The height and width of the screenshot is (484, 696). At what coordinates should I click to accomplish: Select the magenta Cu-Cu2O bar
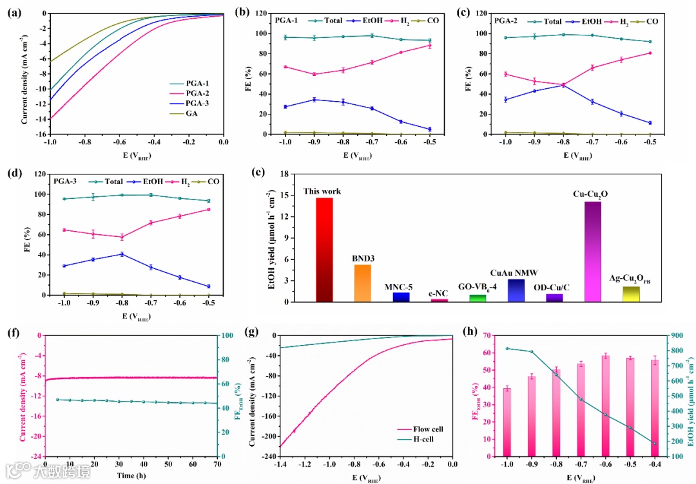pos(592,252)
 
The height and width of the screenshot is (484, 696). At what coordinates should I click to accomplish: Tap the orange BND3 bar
pos(363,283)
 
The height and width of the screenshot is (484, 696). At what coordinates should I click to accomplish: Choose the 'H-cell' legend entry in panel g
pos(427,440)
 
